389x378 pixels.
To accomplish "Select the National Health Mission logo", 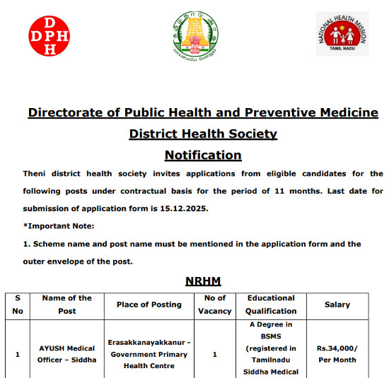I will pyautogui.click(x=342, y=34).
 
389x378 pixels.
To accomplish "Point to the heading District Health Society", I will pyautogui.click(x=203, y=134).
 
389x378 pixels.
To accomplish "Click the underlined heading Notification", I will pyautogui.click(x=203, y=155).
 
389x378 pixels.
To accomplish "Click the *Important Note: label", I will pyautogui.click(x=59, y=225).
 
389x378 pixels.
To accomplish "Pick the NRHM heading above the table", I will pyautogui.click(x=203, y=281).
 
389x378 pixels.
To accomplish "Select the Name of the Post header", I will pyautogui.click(x=67, y=305).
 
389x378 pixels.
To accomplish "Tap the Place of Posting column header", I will pyautogui.click(x=149, y=305).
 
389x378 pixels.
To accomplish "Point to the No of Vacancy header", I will pyautogui.click(x=215, y=305).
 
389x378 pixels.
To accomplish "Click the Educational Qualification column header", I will pyautogui.click(x=271, y=305).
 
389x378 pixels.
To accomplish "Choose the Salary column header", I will pyautogui.click(x=337, y=305).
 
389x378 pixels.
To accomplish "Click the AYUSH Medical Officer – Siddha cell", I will pyautogui.click(x=67, y=354).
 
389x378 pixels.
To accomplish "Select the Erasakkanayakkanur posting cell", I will pyautogui.click(x=149, y=353).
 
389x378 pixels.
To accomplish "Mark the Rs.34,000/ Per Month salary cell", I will pyautogui.click(x=337, y=353).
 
